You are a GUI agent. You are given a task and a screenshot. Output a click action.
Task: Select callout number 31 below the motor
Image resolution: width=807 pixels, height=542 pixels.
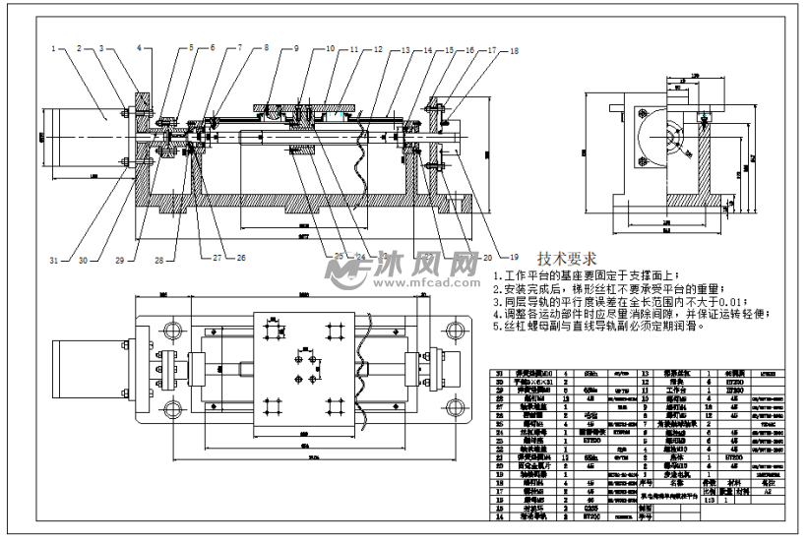click(x=56, y=260)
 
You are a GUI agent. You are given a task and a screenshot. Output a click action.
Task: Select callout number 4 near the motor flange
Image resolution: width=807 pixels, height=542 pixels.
click(x=139, y=47)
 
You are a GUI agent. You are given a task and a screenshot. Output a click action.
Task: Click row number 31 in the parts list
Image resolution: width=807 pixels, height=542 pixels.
click(x=498, y=375)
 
